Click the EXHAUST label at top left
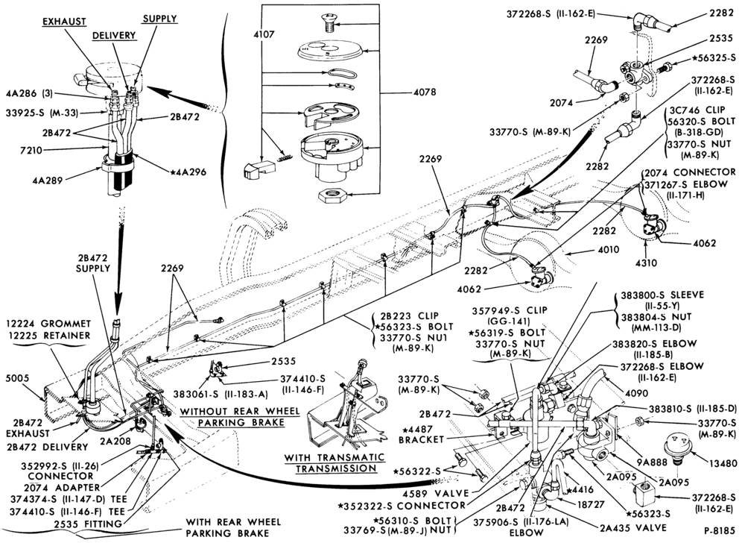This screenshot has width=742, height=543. pyautogui.click(x=64, y=22)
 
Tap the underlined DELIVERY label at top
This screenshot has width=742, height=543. pyautogui.click(x=114, y=36)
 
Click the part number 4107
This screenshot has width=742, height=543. pyautogui.click(x=263, y=34)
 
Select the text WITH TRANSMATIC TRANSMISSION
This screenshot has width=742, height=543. pyautogui.click(x=334, y=463)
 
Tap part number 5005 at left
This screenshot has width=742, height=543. pyautogui.click(x=18, y=378)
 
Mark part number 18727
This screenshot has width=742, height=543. pyautogui.click(x=592, y=505)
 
